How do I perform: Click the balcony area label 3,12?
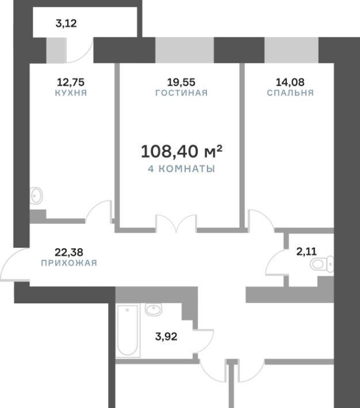66,24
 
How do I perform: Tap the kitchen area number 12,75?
71,82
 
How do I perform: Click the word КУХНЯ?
71,93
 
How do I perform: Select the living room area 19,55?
181,82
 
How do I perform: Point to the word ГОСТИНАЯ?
182,93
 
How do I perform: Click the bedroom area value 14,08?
290,82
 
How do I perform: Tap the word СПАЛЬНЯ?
290,93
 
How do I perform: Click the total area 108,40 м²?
182,151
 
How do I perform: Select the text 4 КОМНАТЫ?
181,169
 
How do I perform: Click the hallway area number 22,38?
69,252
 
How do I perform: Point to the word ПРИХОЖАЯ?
69,263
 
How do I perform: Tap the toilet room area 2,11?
307,251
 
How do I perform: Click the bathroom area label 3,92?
166,336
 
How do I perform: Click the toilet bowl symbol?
321,264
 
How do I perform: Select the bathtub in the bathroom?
128,330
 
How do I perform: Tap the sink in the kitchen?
36,196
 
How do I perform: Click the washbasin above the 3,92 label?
153,310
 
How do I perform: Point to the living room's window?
185,50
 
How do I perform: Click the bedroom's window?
292,50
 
